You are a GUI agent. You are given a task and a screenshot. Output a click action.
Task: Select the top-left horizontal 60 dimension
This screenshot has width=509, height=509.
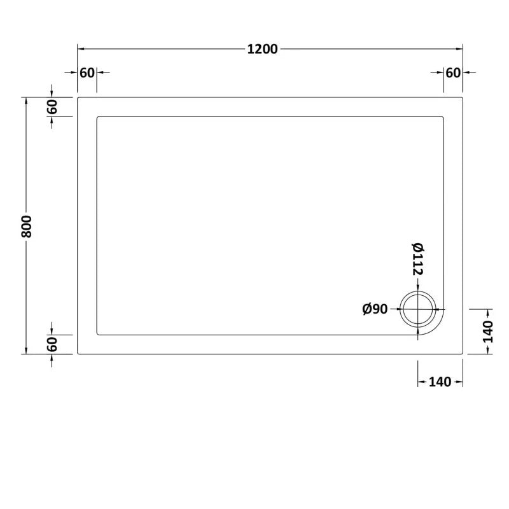coord(87,73)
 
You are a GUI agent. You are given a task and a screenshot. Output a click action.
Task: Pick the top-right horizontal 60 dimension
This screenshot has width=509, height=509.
coord(452,73)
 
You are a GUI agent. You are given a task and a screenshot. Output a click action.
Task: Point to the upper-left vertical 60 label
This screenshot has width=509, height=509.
coord(52,107)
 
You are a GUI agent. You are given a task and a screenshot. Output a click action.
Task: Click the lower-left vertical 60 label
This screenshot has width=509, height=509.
coord(52,344)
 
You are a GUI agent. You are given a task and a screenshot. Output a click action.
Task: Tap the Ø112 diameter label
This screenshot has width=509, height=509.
coord(417,260)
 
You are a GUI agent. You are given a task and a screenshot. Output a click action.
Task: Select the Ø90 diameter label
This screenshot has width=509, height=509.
coord(375,309)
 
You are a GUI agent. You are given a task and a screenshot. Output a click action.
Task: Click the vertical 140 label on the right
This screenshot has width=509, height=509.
coord(488,330)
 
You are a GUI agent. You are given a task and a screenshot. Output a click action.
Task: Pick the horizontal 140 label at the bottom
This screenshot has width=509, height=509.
coord(440,382)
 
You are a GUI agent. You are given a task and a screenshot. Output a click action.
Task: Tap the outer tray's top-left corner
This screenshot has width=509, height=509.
coord(78,98)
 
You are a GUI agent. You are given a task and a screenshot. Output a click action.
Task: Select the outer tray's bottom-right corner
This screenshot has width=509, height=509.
coord(462,354)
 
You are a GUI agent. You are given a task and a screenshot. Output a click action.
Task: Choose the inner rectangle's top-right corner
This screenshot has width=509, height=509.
coord(443,117)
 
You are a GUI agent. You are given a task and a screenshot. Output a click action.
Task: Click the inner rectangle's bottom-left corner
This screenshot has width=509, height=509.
coord(97,335)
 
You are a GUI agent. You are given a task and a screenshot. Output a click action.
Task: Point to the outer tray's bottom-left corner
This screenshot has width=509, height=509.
coord(78,354)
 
